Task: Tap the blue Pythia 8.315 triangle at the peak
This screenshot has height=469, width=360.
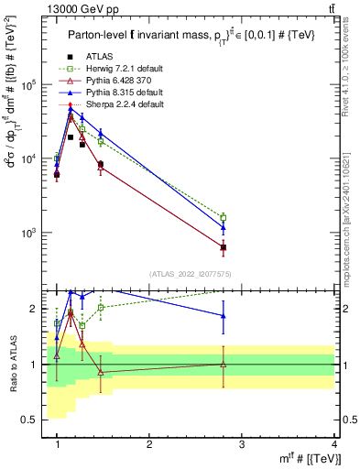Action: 71,110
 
